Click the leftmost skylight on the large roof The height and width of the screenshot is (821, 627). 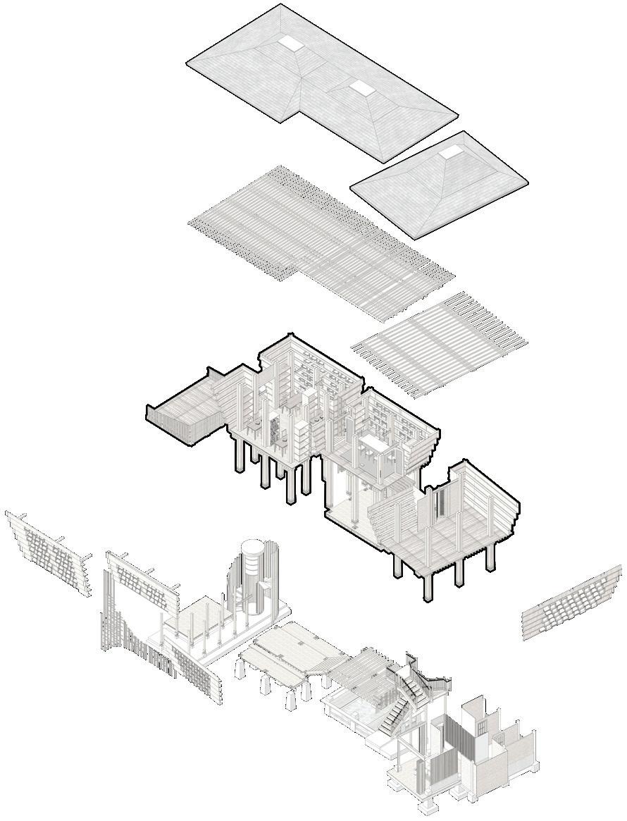coord(290,44)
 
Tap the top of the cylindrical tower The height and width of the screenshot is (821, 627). coord(250,547)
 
